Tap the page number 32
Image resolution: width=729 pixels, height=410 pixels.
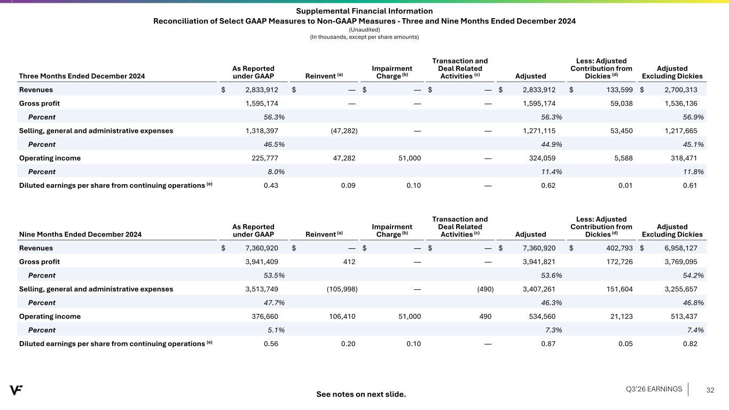710,390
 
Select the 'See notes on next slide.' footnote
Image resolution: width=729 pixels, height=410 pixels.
361,394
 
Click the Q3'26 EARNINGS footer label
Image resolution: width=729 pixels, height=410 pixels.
654,389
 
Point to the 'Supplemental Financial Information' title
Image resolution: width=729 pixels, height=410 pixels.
364,11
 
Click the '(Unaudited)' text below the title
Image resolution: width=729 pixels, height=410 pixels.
364,29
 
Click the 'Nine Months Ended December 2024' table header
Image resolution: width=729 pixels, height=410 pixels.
80,234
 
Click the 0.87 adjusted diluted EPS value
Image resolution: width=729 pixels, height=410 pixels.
547,343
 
